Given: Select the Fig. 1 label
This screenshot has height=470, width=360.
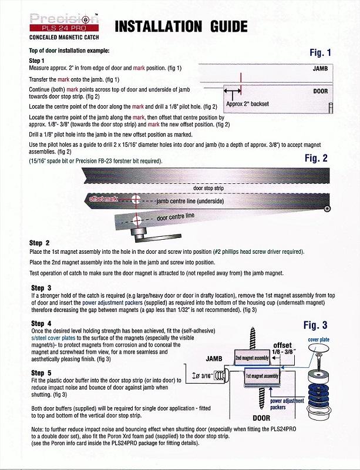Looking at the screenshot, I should pyautogui.click(x=320, y=53).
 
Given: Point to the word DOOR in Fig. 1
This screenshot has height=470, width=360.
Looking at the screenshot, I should pyautogui.click(x=320, y=92).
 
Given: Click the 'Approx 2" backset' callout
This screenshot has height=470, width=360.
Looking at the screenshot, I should pyautogui.click(x=247, y=104).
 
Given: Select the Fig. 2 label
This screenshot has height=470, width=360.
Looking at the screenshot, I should pyautogui.click(x=319, y=158).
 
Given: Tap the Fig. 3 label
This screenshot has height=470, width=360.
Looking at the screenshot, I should pyautogui.click(x=319, y=325).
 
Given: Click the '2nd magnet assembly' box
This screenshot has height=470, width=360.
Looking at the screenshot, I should pyautogui.click(x=252, y=358).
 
